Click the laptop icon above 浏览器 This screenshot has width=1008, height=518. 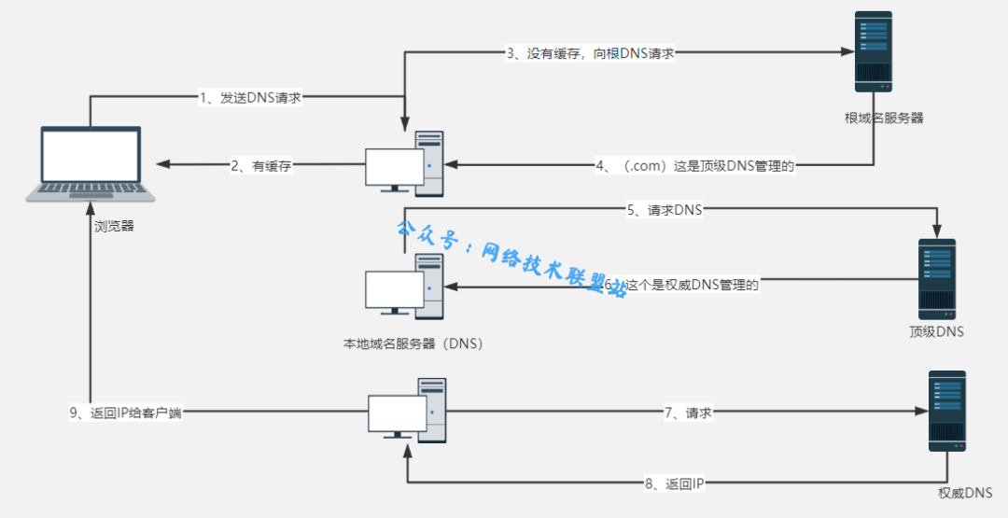[x=90, y=163]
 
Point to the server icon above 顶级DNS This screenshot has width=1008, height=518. [x=936, y=279]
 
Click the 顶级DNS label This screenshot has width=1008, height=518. [x=936, y=331]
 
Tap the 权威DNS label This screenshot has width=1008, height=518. [x=965, y=492]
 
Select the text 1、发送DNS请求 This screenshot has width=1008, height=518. [x=250, y=97]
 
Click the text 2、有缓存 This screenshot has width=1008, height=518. [x=262, y=166]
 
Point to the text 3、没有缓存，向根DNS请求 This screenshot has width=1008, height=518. [x=590, y=53]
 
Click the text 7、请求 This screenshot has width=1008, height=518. [x=688, y=413]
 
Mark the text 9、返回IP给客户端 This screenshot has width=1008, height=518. [x=125, y=413]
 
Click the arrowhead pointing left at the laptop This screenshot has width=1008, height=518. [x=163, y=164]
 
